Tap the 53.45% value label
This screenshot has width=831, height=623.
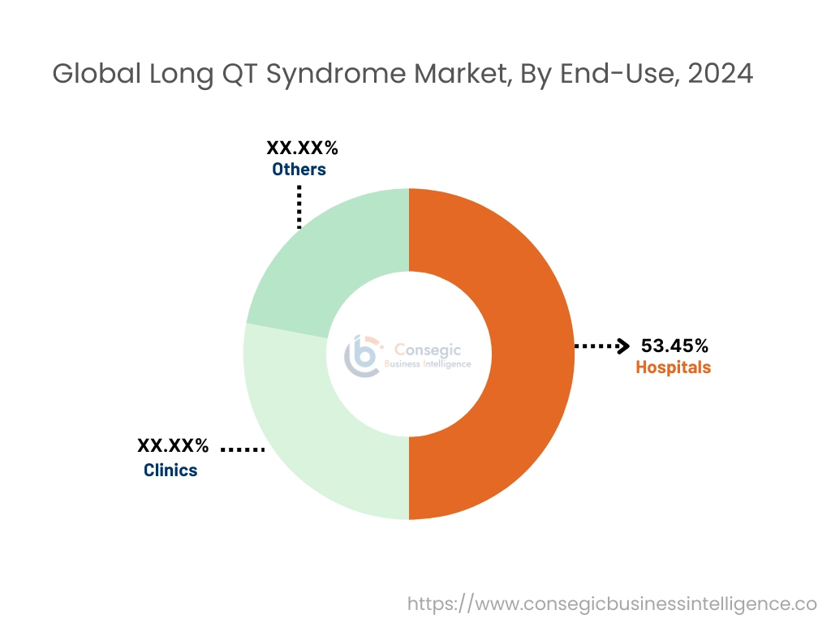674,346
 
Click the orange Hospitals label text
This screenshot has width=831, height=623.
673,367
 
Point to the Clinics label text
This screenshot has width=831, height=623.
170,470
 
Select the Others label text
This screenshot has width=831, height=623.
299,170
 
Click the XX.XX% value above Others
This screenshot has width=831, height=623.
302,148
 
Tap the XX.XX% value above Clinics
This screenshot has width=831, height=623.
173,445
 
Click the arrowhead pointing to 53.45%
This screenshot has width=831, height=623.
623,346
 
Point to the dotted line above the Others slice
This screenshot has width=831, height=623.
299,207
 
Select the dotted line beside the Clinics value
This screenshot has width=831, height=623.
243,449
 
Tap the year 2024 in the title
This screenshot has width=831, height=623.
720,74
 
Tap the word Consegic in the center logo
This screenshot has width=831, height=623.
428,350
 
